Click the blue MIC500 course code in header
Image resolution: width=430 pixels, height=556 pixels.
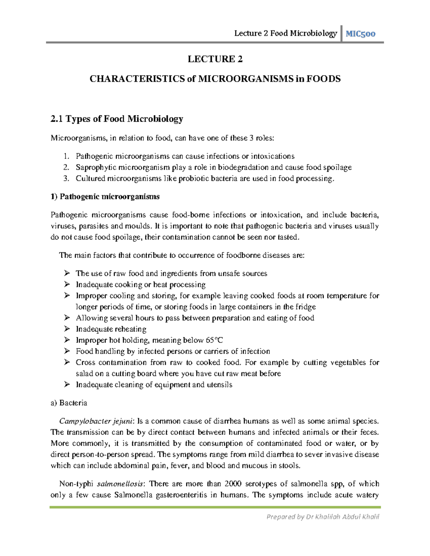(361, 34)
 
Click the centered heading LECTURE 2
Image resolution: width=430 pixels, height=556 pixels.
(215, 59)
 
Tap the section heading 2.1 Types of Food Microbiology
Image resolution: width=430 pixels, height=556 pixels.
(117, 119)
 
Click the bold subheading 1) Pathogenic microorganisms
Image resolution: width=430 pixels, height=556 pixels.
(105, 197)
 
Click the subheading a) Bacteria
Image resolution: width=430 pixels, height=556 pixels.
(69, 403)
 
